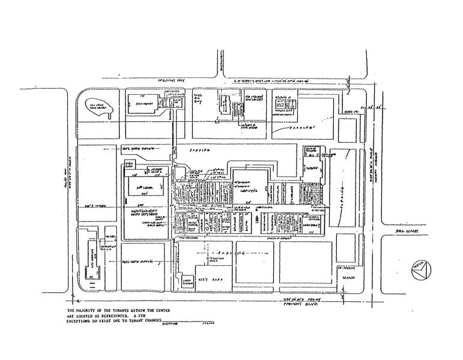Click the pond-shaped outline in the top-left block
pyautogui.click(x=95, y=108)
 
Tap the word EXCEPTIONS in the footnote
pyautogui.click(x=84, y=322)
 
